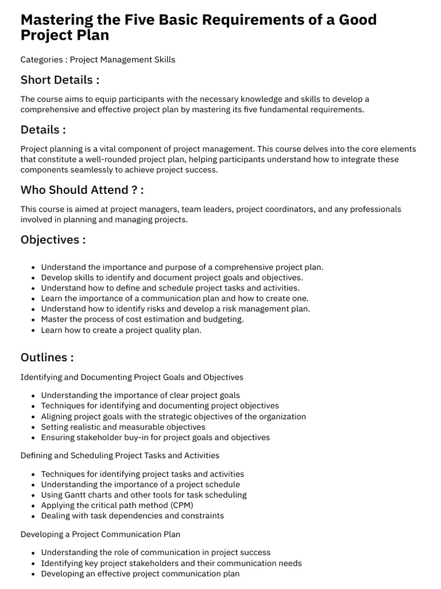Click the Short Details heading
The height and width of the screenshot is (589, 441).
click(x=60, y=79)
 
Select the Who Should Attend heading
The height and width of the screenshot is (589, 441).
click(x=82, y=190)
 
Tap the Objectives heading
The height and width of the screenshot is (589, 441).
click(x=53, y=239)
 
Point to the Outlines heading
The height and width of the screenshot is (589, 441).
click(x=47, y=357)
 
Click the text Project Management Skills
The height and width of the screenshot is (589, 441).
click(x=122, y=59)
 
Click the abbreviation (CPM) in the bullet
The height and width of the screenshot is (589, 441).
click(x=181, y=505)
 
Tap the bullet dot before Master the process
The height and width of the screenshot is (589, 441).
click(x=34, y=320)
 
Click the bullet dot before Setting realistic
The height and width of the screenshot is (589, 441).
click(x=34, y=427)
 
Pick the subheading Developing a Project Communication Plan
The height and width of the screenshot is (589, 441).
click(x=100, y=534)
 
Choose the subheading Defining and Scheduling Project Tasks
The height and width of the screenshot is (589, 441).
click(x=119, y=456)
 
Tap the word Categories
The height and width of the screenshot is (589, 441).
click(x=41, y=59)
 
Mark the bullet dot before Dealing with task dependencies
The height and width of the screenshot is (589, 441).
click(x=34, y=516)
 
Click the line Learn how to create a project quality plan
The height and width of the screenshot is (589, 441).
click(x=121, y=330)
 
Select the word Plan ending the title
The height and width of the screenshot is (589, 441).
click(x=94, y=36)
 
